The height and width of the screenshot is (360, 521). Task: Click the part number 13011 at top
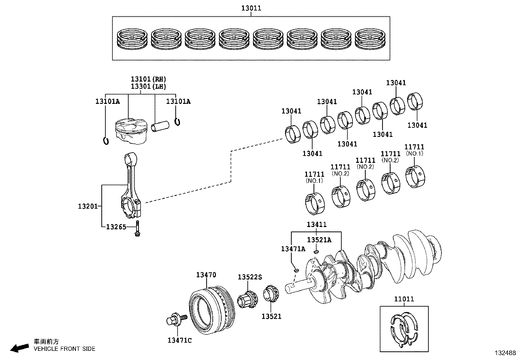click(x=251, y=8)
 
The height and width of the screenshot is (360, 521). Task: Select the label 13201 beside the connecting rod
click(x=88, y=206)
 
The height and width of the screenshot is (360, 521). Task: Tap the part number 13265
click(x=116, y=227)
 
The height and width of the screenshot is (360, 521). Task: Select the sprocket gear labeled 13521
click(x=271, y=294)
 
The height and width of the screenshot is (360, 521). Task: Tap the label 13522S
click(x=250, y=277)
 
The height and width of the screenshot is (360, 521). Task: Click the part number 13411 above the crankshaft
click(x=316, y=225)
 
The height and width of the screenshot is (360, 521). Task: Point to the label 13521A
click(x=319, y=240)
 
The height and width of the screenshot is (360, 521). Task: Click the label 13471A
click(x=293, y=249)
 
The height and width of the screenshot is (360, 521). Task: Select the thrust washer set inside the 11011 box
click(x=404, y=329)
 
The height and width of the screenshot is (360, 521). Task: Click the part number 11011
click(x=404, y=299)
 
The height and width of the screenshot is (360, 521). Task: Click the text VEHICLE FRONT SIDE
click(x=64, y=349)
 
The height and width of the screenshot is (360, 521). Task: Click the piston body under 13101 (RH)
click(x=130, y=132)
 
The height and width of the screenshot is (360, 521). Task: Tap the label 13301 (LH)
click(x=148, y=86)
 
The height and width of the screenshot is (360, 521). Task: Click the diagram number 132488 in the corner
click(x=505, y=353)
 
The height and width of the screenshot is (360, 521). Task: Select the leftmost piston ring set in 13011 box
click(x=133, y=39)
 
